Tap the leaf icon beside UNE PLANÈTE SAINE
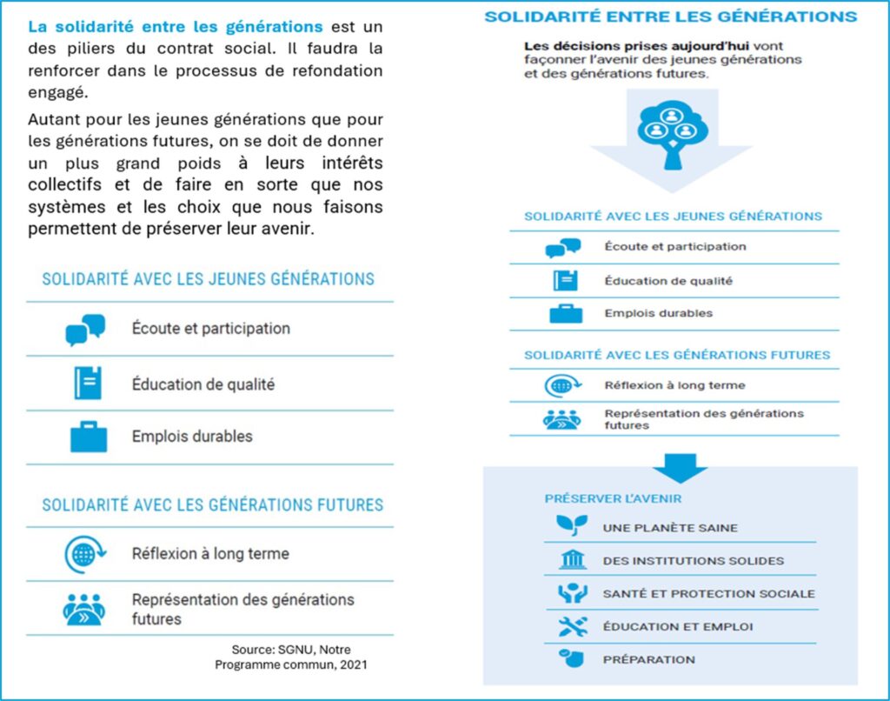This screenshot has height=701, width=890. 572,526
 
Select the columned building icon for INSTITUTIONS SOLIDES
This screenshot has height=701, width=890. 572,559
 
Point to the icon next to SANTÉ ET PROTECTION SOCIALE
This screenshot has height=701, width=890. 572,593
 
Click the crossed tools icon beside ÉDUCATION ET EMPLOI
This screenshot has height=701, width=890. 572,626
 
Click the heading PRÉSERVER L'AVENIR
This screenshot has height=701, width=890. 613,498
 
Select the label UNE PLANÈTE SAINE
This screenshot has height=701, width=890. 670,527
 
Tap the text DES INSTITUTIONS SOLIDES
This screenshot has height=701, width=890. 693,560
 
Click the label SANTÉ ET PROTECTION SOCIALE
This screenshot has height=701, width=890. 708,593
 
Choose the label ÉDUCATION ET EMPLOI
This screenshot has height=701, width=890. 678,626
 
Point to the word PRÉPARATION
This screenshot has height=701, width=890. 648,659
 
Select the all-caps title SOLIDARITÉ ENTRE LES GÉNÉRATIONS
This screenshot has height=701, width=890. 670,17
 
